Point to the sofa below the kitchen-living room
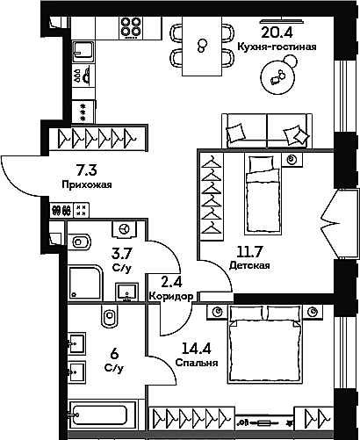click(x=266, y=133)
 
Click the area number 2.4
click(x=170, y=282)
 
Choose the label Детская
click(x=243, y=263)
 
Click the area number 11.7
click(x=243, y=249)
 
